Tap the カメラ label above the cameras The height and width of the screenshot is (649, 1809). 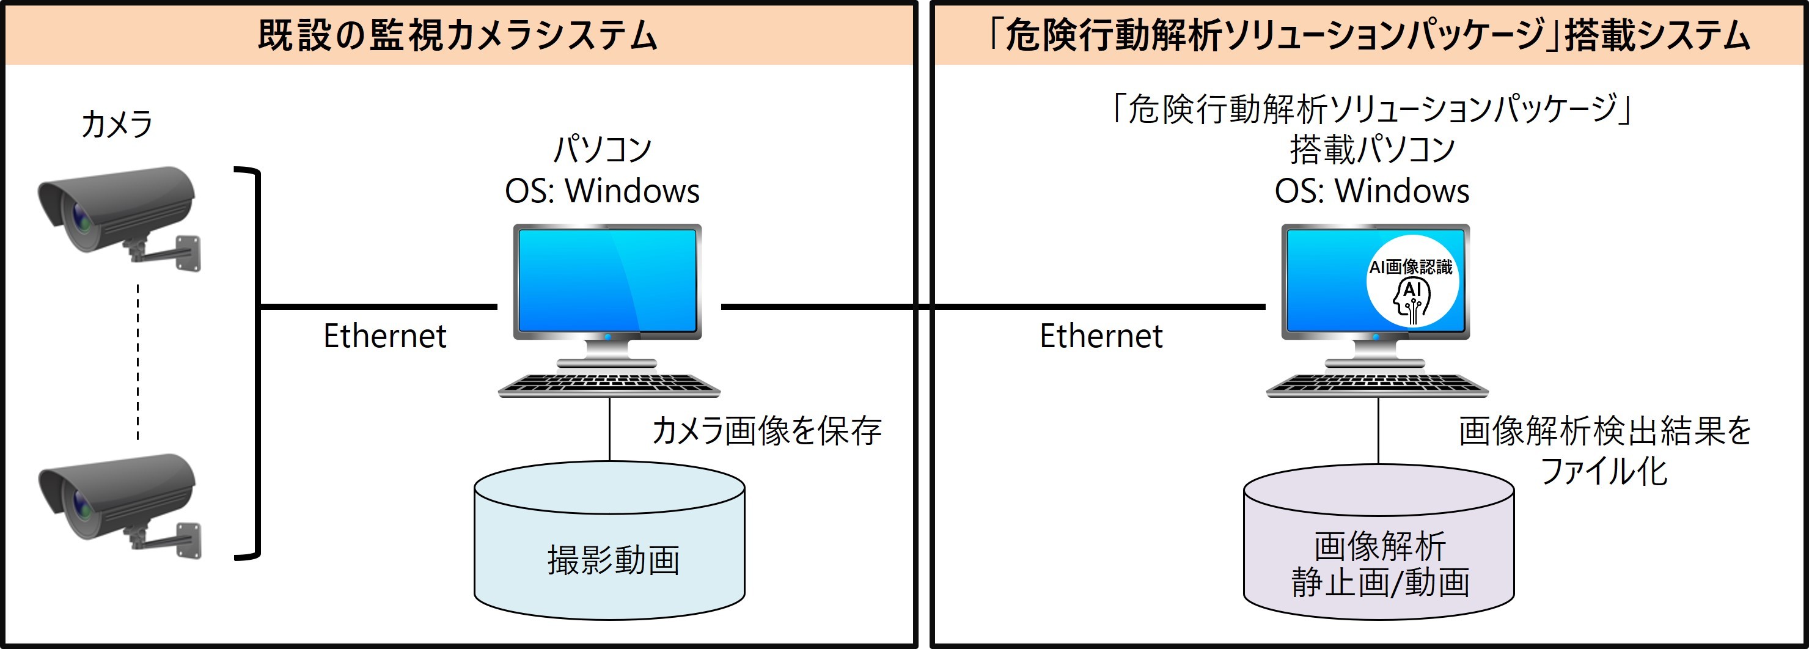pyautogui.click(x=117, y=124)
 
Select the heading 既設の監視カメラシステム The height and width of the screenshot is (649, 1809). pyautogui.click(x=457, y=35)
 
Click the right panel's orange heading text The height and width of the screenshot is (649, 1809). pyautogui.click(x=1369, y=35)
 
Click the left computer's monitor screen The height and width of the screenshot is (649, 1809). pyautogui.click(x=607, y=281)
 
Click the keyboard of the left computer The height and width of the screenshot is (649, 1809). pyautogui.click(x=608, y=385)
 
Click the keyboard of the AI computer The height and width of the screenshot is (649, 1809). pyautogui.click(x=1376, y=385)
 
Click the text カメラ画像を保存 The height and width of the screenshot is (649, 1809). pyautogui.click(x=766, y=431)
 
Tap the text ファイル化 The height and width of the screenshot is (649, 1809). pyautogui.click(x=1603, y=471)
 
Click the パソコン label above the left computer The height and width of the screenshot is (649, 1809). pyautogui.click(x=603, y=149)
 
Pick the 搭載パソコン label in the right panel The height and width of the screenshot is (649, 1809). pyautogui.click(x=1371, y=149)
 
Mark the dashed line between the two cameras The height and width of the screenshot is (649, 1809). pyautogui.click(x=138, y=362)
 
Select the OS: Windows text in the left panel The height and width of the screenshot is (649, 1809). pyautogui.click(x=603, y=191)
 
